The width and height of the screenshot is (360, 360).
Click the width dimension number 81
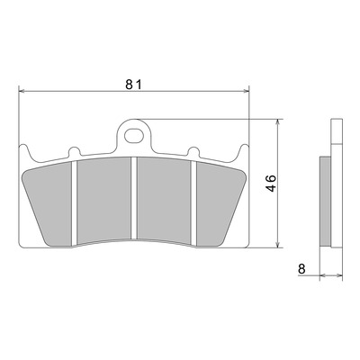(133, 85)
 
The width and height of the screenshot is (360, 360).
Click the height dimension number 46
(271, 183)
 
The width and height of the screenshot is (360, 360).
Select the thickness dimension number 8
(301, 268)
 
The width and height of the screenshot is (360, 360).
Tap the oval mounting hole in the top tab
(133, 136)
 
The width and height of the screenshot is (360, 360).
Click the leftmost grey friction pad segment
(49, 204)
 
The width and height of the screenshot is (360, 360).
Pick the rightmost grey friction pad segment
(220, 204)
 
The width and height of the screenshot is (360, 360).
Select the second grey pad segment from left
(103, 200)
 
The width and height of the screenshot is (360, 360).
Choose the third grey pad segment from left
(164, 200)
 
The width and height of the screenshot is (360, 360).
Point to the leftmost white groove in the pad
(75, 203)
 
